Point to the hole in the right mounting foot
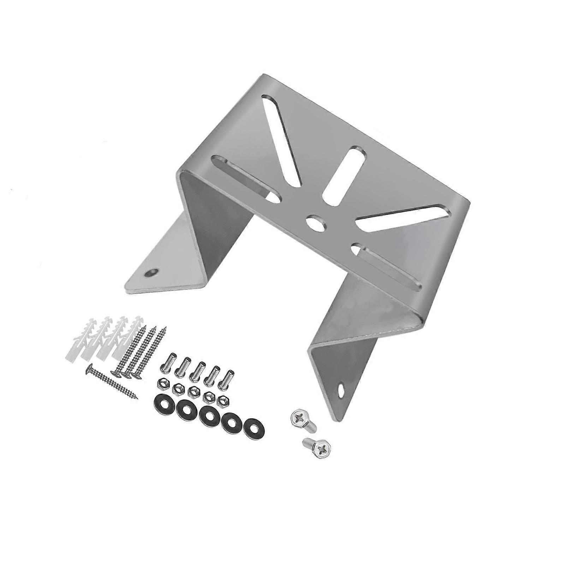(342, 391)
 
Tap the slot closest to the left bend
(245, 177)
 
